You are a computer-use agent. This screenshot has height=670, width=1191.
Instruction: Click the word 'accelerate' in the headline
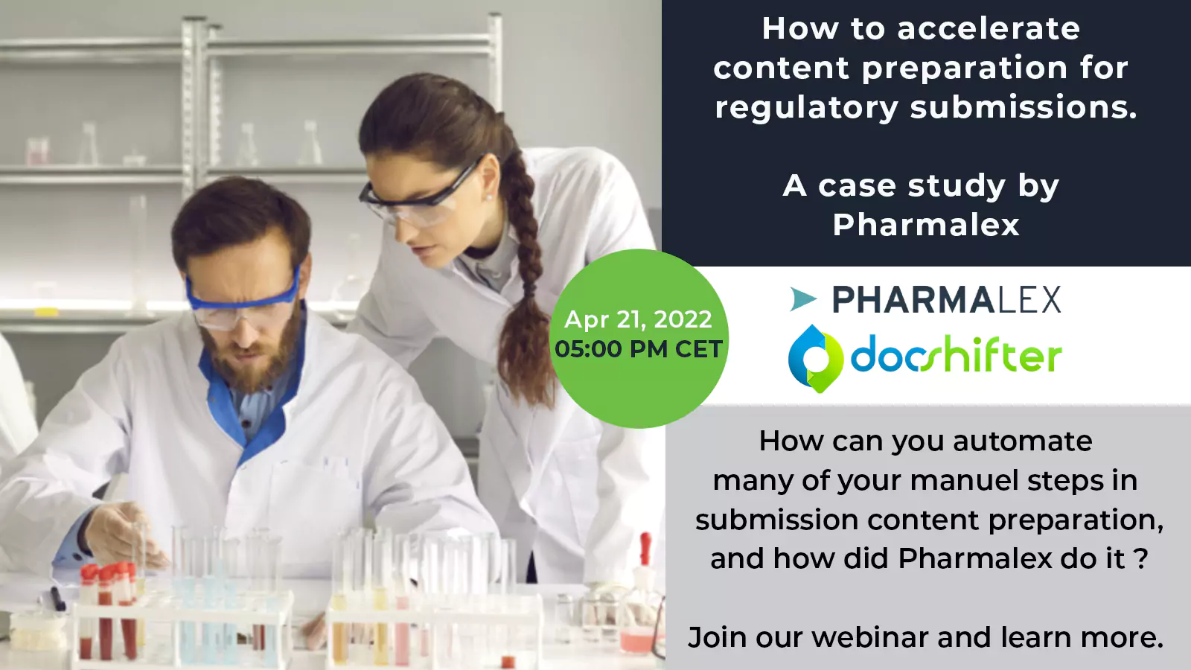[x=989, y=29]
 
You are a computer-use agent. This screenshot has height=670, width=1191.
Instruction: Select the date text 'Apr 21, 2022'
[x=638, y=319]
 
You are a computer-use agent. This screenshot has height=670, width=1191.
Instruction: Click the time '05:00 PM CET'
[x=639, y=349]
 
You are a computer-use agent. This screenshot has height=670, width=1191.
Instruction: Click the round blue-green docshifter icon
[x=816, y=359]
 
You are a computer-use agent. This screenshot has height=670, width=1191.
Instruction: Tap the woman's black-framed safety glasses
[x=420, y=194]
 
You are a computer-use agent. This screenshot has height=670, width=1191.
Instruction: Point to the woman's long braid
[x=524, y=276]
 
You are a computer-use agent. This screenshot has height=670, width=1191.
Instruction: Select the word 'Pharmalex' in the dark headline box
[x=926, y=224]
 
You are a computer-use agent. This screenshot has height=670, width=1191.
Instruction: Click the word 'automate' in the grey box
[x=1023, y=441]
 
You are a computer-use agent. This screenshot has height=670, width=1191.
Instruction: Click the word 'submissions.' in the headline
[x=1024, y=107]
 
